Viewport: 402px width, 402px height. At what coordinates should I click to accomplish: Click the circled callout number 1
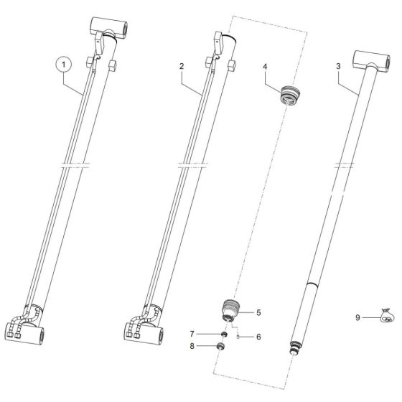tap(66, 65)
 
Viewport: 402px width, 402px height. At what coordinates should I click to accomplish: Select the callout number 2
tap(182, 66)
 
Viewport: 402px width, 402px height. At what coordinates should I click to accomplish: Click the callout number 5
tap(259, 313)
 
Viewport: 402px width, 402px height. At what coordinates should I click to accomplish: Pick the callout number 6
tap(260, 336)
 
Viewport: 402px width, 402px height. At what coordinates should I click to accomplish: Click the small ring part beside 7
tap(224, 334)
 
